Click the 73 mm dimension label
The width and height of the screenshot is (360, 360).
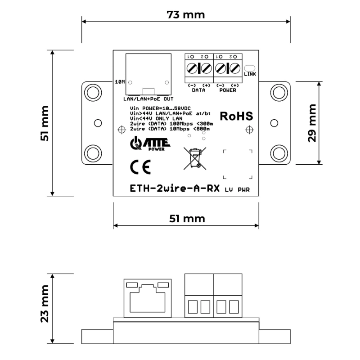coord(185,15)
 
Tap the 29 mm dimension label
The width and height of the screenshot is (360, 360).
coord(312,123)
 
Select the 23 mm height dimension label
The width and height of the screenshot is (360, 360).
coord(45,304)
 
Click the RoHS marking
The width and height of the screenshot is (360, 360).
coord(236,116)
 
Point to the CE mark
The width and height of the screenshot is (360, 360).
coord(140,167)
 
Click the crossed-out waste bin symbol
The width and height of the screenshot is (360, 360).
coord(195,158)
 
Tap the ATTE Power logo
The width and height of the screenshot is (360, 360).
coord(150,144)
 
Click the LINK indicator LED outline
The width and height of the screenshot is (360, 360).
coord(250,68)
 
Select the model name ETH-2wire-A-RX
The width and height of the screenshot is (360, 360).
coord(175,188)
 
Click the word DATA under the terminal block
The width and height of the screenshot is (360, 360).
coord(198,90)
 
